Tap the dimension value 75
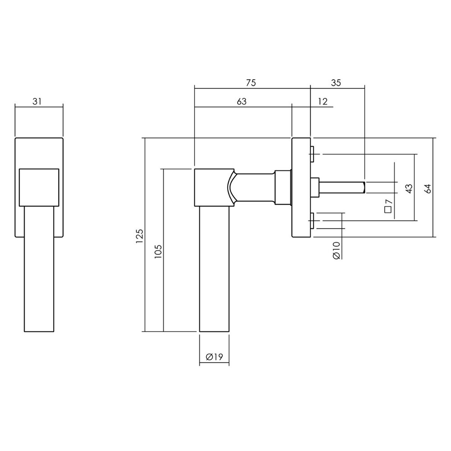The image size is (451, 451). pyautogui.click(x=251, y=83)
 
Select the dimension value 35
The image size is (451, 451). pyautogui.click(x=336, y=83)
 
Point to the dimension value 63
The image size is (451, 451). pyautogui.click(x=242, y=101)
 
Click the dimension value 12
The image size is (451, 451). pyautogui.click(x=322, y=101)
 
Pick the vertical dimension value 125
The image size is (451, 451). pyautogui.click(x=139, y=236)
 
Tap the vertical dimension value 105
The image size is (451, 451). pyautogui.click(x=157, y=251)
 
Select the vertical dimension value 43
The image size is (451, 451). pyautogui.click(x=408, y=188)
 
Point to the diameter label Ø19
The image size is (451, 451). pyautogui.click(x=214, y=357)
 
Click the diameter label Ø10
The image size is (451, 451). pyautogui.click(x=336, y=249)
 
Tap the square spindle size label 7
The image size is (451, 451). pyautogui.click(x=388, y=207)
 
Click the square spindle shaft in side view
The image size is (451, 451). pyautogui.click(x=343, y=186)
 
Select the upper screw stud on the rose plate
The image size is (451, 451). pyautogui.click(x=312, y=154)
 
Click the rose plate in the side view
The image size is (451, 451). pyautogui.click(x=301, y=187)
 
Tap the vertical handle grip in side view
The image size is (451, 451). pyautogui.click(x=214, y=271)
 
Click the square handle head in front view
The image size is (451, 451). pyautogui.click(x=39, y=186)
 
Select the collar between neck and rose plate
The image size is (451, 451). pyautogui.click(x=283, y=187)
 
